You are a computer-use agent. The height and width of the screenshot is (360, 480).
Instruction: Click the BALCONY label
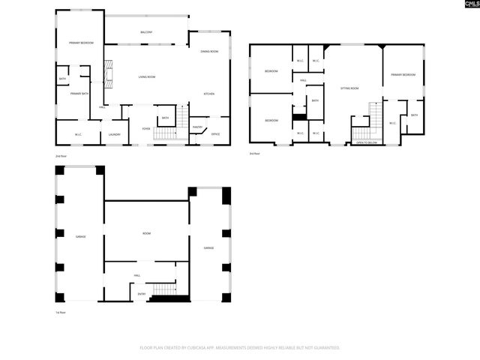point(146,32)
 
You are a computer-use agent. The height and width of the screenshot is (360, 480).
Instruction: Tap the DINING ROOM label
point(209,51)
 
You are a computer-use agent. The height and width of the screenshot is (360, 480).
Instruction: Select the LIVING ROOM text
point(146,77)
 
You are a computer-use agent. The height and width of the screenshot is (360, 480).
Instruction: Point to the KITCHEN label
point(210,94)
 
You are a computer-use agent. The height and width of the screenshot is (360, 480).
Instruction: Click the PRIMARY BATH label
point(80,94)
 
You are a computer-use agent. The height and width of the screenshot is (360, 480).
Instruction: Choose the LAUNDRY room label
point(114,134)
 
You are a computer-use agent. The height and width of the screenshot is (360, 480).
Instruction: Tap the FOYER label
point(146,128)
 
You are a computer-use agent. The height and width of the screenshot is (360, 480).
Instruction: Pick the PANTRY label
point(197,127)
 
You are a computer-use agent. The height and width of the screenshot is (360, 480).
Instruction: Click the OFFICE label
point(215,134)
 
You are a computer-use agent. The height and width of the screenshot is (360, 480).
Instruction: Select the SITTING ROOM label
point(350,88)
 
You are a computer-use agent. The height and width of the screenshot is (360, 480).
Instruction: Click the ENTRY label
point(142,294)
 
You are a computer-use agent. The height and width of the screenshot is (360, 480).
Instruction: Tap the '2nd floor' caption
point(60,156)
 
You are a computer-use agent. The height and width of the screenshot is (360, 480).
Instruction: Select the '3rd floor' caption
point(255,154)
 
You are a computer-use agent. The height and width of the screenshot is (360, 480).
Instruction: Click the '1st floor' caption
point(60,312)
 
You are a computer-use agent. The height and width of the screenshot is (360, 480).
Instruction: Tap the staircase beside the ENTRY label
point(163,292)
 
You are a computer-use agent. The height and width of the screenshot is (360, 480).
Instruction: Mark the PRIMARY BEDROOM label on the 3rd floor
point(403,75)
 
